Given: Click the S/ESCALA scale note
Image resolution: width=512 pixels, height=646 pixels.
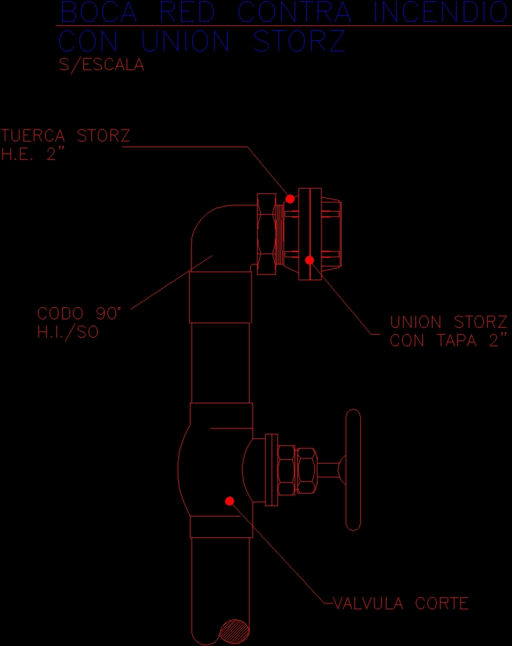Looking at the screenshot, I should [102, 65].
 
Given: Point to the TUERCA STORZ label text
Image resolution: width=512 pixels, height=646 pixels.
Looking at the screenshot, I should [66, 136].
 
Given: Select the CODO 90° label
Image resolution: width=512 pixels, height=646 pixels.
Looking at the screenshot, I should [80, 314].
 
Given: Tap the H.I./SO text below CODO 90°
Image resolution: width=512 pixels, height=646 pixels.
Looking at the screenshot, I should [68, 332].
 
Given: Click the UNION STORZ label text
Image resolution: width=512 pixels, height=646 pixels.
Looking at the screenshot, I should [448, 322].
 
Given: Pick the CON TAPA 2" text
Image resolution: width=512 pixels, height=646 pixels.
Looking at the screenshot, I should [450, 341].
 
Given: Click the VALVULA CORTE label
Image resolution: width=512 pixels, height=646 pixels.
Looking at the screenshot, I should [402, 603].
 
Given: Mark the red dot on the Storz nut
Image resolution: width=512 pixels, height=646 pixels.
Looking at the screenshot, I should [291, 199].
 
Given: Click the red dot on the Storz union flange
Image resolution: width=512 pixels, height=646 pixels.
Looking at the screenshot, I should [310, 261].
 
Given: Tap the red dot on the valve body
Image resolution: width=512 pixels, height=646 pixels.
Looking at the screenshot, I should [230, 501].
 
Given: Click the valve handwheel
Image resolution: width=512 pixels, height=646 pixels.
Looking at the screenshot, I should [353, 469].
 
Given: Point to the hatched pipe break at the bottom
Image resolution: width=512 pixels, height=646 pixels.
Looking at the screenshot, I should [234, 632].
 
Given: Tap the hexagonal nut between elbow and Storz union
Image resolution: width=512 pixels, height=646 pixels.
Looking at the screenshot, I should [266, 234].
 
